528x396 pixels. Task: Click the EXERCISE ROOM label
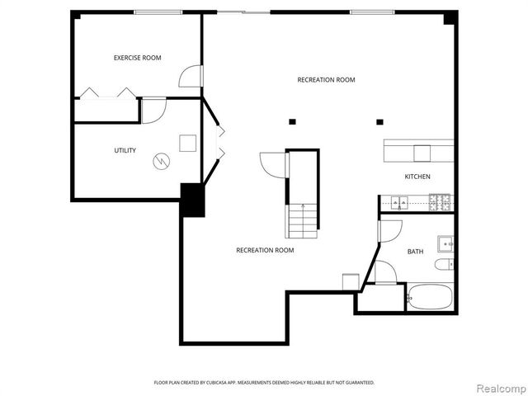click(137, 58)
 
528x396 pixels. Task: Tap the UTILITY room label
click(125, 150)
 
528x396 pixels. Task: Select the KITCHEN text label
click(417, 177)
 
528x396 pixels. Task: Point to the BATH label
click(416, 252)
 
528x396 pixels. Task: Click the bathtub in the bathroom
click(430, 297)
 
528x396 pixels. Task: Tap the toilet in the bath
click(443, 265)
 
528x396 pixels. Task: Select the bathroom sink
click(446, 243)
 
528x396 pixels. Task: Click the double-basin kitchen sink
click(401, 202)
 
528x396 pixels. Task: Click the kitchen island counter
click(418, 152)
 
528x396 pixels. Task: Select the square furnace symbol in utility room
click(189, 143)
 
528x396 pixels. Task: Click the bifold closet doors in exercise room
click(107, 93)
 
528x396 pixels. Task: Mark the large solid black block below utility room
click(193, 200)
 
